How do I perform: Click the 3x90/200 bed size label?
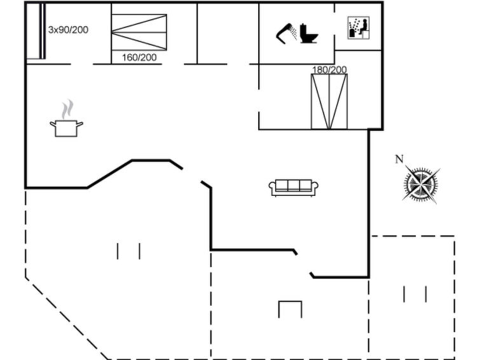(x=68, y=30)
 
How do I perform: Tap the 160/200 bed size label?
(x=139, y=57)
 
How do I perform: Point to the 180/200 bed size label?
(x=329, y=69)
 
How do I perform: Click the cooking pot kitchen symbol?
(x=66, y=128)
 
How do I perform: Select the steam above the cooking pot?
(x=67, y=109)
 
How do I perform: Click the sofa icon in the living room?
(x=294, y=188)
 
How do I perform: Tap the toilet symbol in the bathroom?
(x=308, y=33)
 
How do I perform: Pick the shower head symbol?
(x=287, y=34)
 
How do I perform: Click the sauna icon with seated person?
(x=359, y=28)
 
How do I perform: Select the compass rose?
(x=422, y=184)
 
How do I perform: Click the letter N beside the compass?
(x=399, y=159)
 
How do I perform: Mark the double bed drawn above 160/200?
(x=139, y=32)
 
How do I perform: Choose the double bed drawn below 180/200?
(x=329, y=101)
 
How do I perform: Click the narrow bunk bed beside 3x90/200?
(x=42, y=31)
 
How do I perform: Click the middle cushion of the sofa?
(x=294, y=185)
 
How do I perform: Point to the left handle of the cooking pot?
(x=53, y=124)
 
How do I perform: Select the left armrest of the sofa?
(x=272, y=187)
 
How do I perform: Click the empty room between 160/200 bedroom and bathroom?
(x=228, y=33)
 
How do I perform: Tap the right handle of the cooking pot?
(x=79, y=124)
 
